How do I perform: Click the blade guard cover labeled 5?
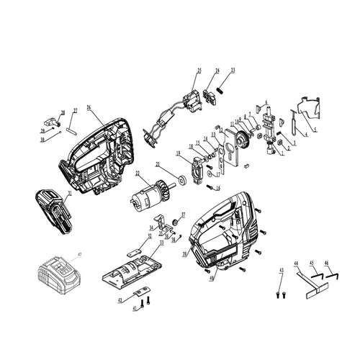pyautogui.click(x=310, y=108)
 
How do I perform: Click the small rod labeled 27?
pyautogui.click(x=72, y=130)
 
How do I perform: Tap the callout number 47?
pyautogui.click(x=80, y=254)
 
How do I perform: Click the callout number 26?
pyautogui.click(x=89, y=107)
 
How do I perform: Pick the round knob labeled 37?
pyautogui.click(x=175, y=219)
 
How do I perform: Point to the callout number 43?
pyautogui.click(x=282, y=269)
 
